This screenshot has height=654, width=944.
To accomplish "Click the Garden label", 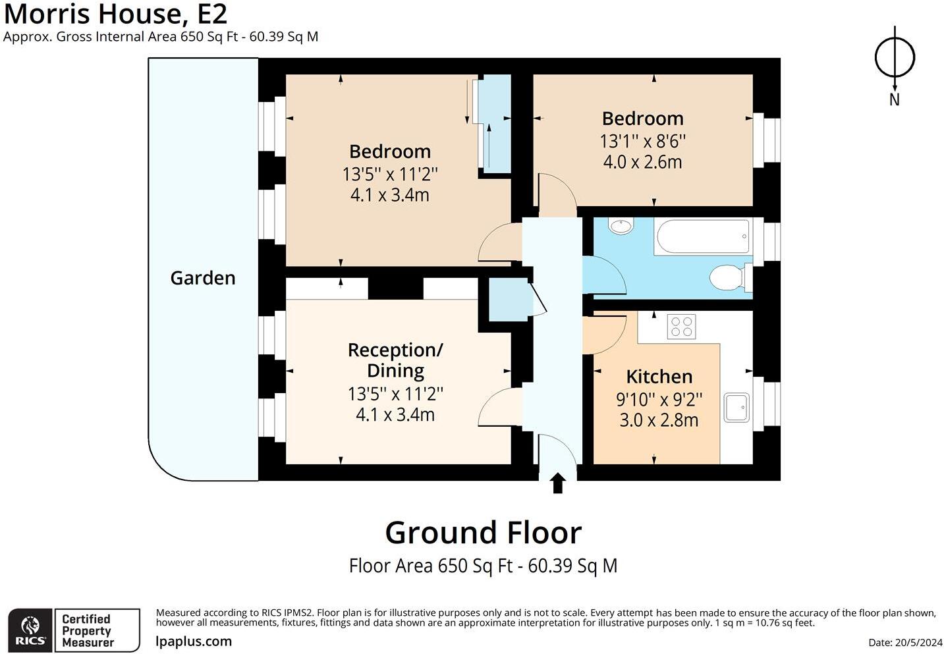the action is pos(203,278).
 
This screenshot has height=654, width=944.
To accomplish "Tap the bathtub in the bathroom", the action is pos(702,236).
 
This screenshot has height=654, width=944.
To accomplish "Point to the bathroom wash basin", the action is pos(621,227).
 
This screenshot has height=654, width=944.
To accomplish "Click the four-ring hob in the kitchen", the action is pos(681,327).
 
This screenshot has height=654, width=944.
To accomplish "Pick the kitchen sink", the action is pos(736,408).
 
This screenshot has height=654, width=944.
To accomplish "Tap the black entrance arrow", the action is pos(557,483).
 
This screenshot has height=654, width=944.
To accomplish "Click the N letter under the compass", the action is pos(895,100).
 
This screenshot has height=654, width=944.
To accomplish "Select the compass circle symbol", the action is pos(895,57).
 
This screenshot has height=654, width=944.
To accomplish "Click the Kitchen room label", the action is pos(659,377).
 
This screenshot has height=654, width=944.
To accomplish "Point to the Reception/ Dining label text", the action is pos(395,361).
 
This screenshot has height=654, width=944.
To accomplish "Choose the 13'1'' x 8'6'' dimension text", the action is pos(643,141).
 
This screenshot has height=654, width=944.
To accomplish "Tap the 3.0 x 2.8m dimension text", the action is pos(659,420).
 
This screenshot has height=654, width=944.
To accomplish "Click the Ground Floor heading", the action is pos(484,533).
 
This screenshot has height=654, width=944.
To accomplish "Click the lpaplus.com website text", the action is pos(194,641).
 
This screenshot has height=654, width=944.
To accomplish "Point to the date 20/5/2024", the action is pos(919,643).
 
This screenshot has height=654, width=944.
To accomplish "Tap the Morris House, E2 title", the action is pos(115,14).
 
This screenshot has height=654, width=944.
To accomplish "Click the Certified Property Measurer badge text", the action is pos(88,630).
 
